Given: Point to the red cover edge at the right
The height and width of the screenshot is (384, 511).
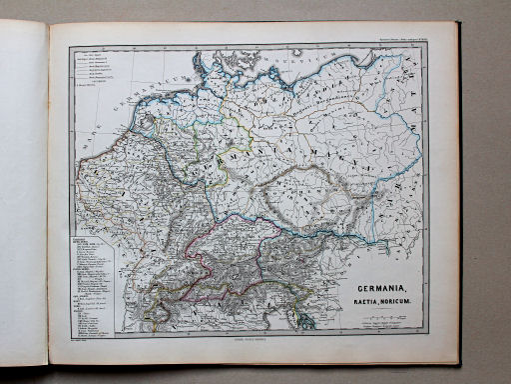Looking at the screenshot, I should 457,200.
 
